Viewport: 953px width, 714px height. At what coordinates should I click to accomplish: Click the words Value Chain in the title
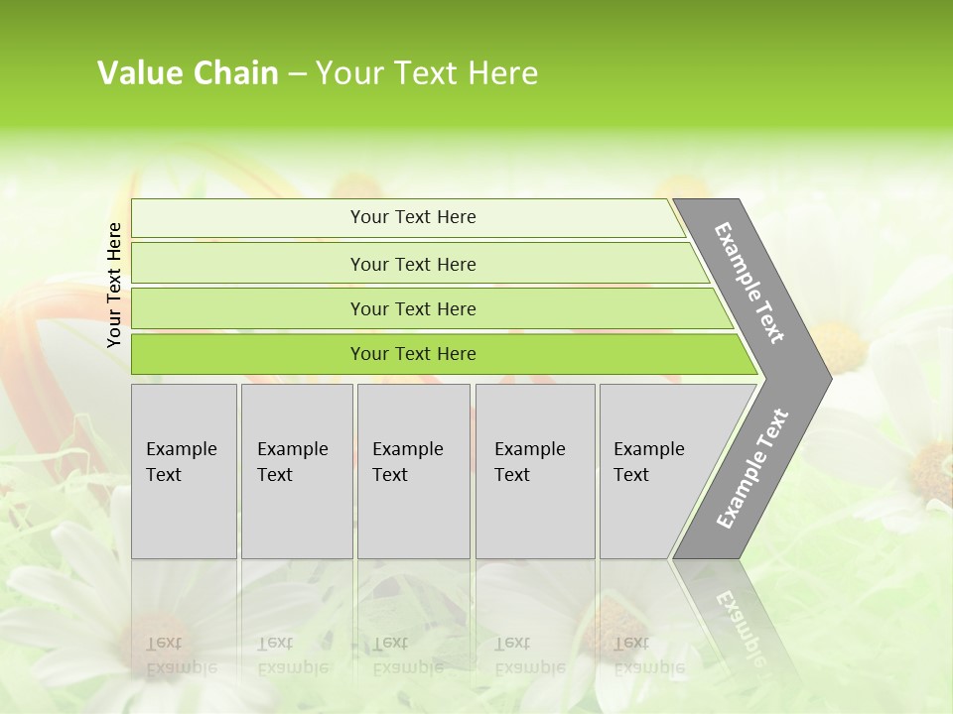click(x=188, y=73)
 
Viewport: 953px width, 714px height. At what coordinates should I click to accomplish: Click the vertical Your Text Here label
click(x=115, y=285)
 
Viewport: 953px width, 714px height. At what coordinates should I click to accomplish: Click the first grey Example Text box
click(x=184, y=471)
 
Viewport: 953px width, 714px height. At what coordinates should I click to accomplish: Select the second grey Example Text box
click(x=297, y=471)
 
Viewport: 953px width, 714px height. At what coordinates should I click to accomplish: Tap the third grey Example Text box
click(x=413, y=471)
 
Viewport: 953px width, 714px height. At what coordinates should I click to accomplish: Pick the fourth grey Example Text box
click(x=535, y=471)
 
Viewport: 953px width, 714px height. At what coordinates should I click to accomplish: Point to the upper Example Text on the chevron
click(x=749, y=284)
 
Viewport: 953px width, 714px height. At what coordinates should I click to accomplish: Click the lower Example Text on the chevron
click(x=752, y=469)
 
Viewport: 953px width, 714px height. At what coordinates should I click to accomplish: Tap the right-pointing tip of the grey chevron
click(x=826, y=378)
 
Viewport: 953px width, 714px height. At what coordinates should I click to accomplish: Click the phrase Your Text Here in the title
click(x=427, y=73)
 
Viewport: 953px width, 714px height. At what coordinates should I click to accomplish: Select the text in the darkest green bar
click(x=413, y=354)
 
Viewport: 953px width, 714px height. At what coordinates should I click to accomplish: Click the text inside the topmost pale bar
click(x=413, y=217)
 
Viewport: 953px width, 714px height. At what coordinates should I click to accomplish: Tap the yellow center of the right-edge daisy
click(x=933, y=464)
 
